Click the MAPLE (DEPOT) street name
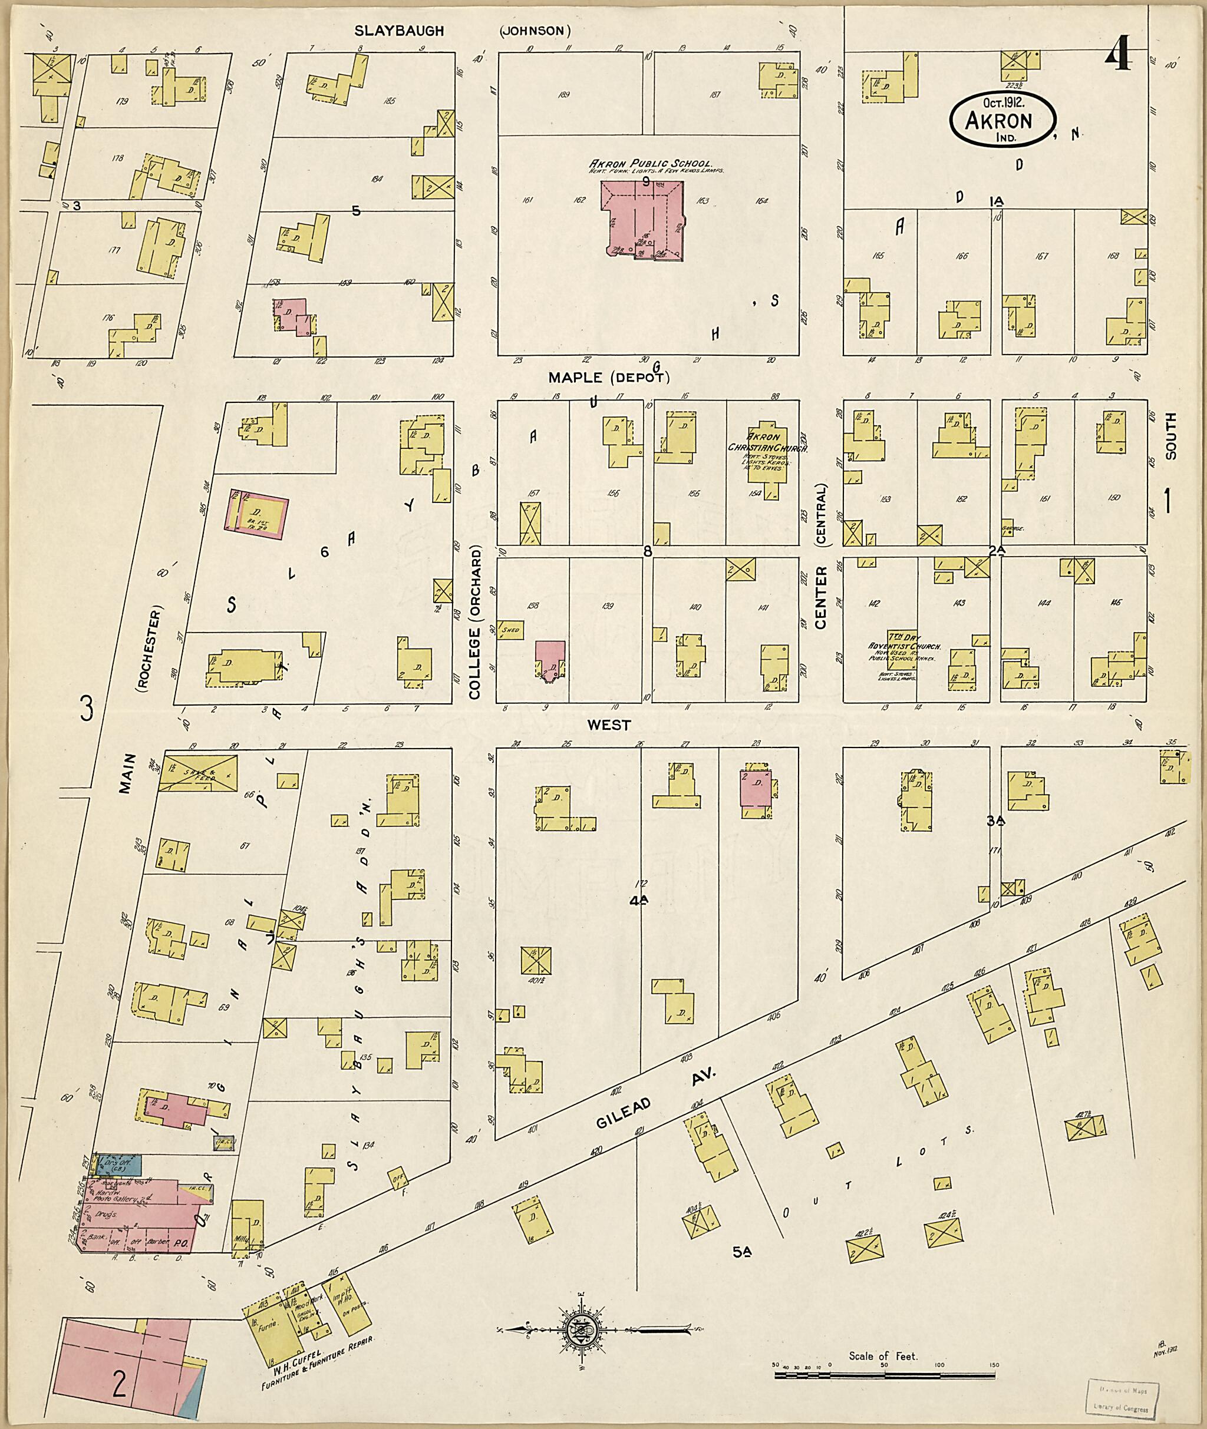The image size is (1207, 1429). click(x=608, y=378)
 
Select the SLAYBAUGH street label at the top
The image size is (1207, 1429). click(x=399, y=31)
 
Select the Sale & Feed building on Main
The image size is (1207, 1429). click(x=199, y=773)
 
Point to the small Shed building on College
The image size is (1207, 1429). click(x=510, y=630)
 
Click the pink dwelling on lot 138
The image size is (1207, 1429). click(x=549, y=660)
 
